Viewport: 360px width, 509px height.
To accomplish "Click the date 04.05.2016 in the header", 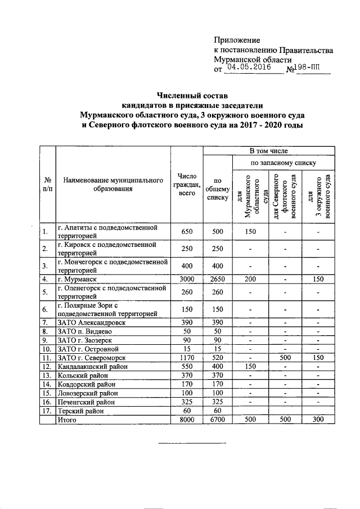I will [x=248, y=67].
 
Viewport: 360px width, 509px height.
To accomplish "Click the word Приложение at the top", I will [x=237, y=40].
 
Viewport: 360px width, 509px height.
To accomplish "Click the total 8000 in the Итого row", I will [x=187, y=420].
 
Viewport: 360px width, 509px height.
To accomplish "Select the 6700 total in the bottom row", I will [x=217, y=420].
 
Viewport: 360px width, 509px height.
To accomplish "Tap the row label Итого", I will [x=69, y=420].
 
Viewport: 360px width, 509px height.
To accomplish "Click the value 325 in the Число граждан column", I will [x=187, y=402].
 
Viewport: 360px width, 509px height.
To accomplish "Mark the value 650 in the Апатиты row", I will [x=187, y=231].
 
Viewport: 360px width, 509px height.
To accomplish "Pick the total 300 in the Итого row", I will [x=318, y=420].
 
